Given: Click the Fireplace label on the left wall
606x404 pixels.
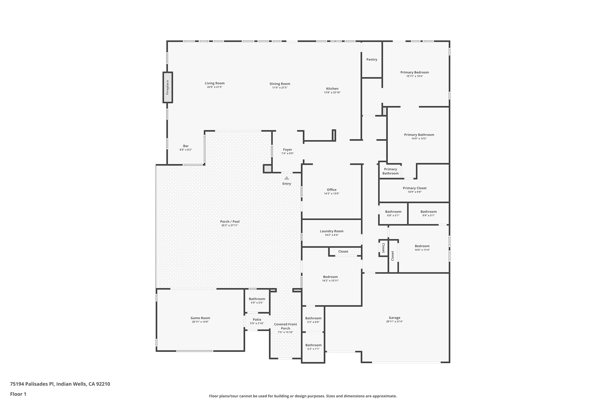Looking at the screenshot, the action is pos(167,87).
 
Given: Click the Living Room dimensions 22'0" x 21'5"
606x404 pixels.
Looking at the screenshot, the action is pos(215,87).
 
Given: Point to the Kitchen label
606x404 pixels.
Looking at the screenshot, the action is pos(332,89).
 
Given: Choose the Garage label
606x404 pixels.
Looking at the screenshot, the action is pos(395,318).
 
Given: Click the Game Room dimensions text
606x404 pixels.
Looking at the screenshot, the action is pos(200,322).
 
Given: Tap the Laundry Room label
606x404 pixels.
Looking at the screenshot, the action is pos(332,231).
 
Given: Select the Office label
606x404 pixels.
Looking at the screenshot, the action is pos(332,190).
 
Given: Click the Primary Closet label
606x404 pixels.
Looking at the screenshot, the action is pos(415,188).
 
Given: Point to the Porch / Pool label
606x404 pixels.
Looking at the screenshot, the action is pos(229,222).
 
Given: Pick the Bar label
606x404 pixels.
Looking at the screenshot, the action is pos(186,146).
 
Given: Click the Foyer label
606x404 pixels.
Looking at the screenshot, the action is pos(287,150).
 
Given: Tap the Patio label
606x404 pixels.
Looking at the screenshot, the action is pos(257,320).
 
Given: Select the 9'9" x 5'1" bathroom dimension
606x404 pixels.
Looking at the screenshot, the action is pos(428,215).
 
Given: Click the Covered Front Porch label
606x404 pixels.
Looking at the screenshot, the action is pos(285,326).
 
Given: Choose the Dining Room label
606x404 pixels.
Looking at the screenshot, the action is pos(280,84).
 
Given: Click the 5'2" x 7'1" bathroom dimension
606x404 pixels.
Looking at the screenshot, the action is pos(313,349).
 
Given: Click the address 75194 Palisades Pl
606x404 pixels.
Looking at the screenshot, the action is pos(32,384).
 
